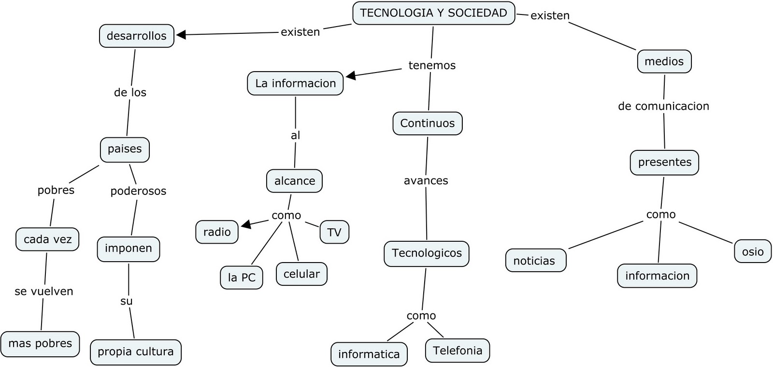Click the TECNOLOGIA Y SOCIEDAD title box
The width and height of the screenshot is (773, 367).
(x=433, y=13)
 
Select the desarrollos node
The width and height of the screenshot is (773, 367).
(x=136, y=36)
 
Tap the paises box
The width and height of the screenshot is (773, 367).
(x=125, y=149)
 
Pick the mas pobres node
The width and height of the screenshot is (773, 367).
(x=40, y=344)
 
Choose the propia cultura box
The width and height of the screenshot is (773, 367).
(x=135, y=352)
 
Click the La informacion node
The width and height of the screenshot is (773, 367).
(x=295, y=83)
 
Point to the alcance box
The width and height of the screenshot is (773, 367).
(x=294, y=181)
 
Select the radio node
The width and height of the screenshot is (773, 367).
(x=217, y=232)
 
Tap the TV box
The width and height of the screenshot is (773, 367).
(x=334, y=233)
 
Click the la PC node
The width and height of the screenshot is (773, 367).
(x=242, y=278)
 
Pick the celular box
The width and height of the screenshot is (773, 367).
(x=301, y=274)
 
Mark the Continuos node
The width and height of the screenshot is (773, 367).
(x=427, y=123)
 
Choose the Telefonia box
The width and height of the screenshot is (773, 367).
(x=457, y=351)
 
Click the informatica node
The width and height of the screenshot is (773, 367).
(x=369, y=354)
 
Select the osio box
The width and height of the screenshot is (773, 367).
(x=753, y=251)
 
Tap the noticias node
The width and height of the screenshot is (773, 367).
(x=535, y=261)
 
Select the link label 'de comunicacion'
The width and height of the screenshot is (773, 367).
(x=663, y=106)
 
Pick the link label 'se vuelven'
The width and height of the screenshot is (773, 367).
(x=44, y=292)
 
